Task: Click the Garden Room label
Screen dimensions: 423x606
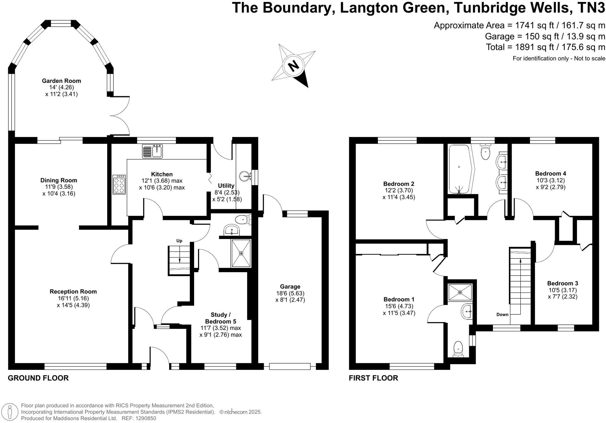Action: coord(61,81)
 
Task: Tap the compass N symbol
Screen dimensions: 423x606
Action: coord(293,66)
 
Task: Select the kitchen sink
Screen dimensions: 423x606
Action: coord(153,151)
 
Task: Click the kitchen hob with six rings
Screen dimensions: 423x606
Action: coord(119,185)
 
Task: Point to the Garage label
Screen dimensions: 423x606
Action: coord(290,287)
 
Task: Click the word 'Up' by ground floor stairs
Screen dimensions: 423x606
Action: coord(179,241)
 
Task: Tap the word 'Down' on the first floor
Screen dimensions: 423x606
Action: coord(502,314)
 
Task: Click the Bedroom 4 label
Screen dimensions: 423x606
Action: coord(550,174)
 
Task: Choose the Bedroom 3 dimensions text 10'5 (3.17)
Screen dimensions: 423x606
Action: coord(563,290)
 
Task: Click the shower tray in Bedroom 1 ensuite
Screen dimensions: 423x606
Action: coord(460,292)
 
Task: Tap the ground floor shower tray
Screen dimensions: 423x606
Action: coord(241,253)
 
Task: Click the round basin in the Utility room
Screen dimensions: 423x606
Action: coord(245,176)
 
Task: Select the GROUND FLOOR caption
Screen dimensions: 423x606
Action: coord(38,378)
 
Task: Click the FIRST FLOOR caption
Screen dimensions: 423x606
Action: coord(373,378)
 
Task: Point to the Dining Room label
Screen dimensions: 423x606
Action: coord(59,180)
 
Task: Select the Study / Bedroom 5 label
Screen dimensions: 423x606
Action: coord(221,318)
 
